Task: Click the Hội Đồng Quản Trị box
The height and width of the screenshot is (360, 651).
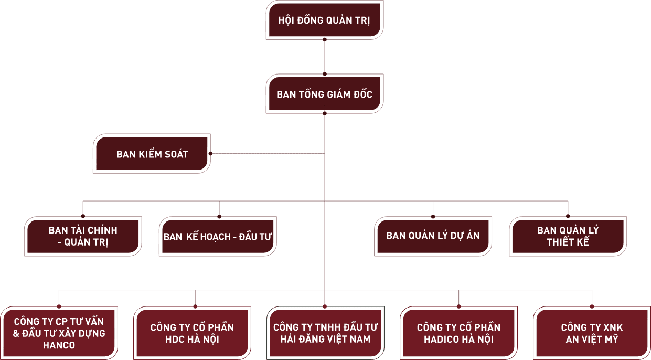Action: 324,22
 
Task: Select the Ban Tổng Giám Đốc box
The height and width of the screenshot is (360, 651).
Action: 324,94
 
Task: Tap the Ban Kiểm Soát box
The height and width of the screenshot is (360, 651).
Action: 152,154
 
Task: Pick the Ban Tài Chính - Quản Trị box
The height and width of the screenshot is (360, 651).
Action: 83,237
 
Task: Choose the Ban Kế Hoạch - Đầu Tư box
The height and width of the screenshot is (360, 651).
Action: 217,237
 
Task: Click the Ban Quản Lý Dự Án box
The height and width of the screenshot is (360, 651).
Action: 433,236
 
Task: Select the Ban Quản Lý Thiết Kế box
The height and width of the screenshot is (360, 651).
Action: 568,237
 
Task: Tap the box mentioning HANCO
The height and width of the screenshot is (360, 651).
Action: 59,333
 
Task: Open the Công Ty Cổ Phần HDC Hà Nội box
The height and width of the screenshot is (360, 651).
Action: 192,333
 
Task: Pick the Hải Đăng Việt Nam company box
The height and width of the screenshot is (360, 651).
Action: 325,333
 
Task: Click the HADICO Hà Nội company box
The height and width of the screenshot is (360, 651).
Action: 458,333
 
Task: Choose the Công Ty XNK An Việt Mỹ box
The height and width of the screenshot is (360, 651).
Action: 592,333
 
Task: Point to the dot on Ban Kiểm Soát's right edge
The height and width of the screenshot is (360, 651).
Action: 210,154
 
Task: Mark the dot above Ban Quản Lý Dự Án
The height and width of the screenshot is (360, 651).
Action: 433,216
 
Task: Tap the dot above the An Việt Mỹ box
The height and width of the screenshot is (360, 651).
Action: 592,305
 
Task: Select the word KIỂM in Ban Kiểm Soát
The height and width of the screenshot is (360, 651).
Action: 151,154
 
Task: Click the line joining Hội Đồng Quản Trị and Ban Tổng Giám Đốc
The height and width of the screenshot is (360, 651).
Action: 325,56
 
